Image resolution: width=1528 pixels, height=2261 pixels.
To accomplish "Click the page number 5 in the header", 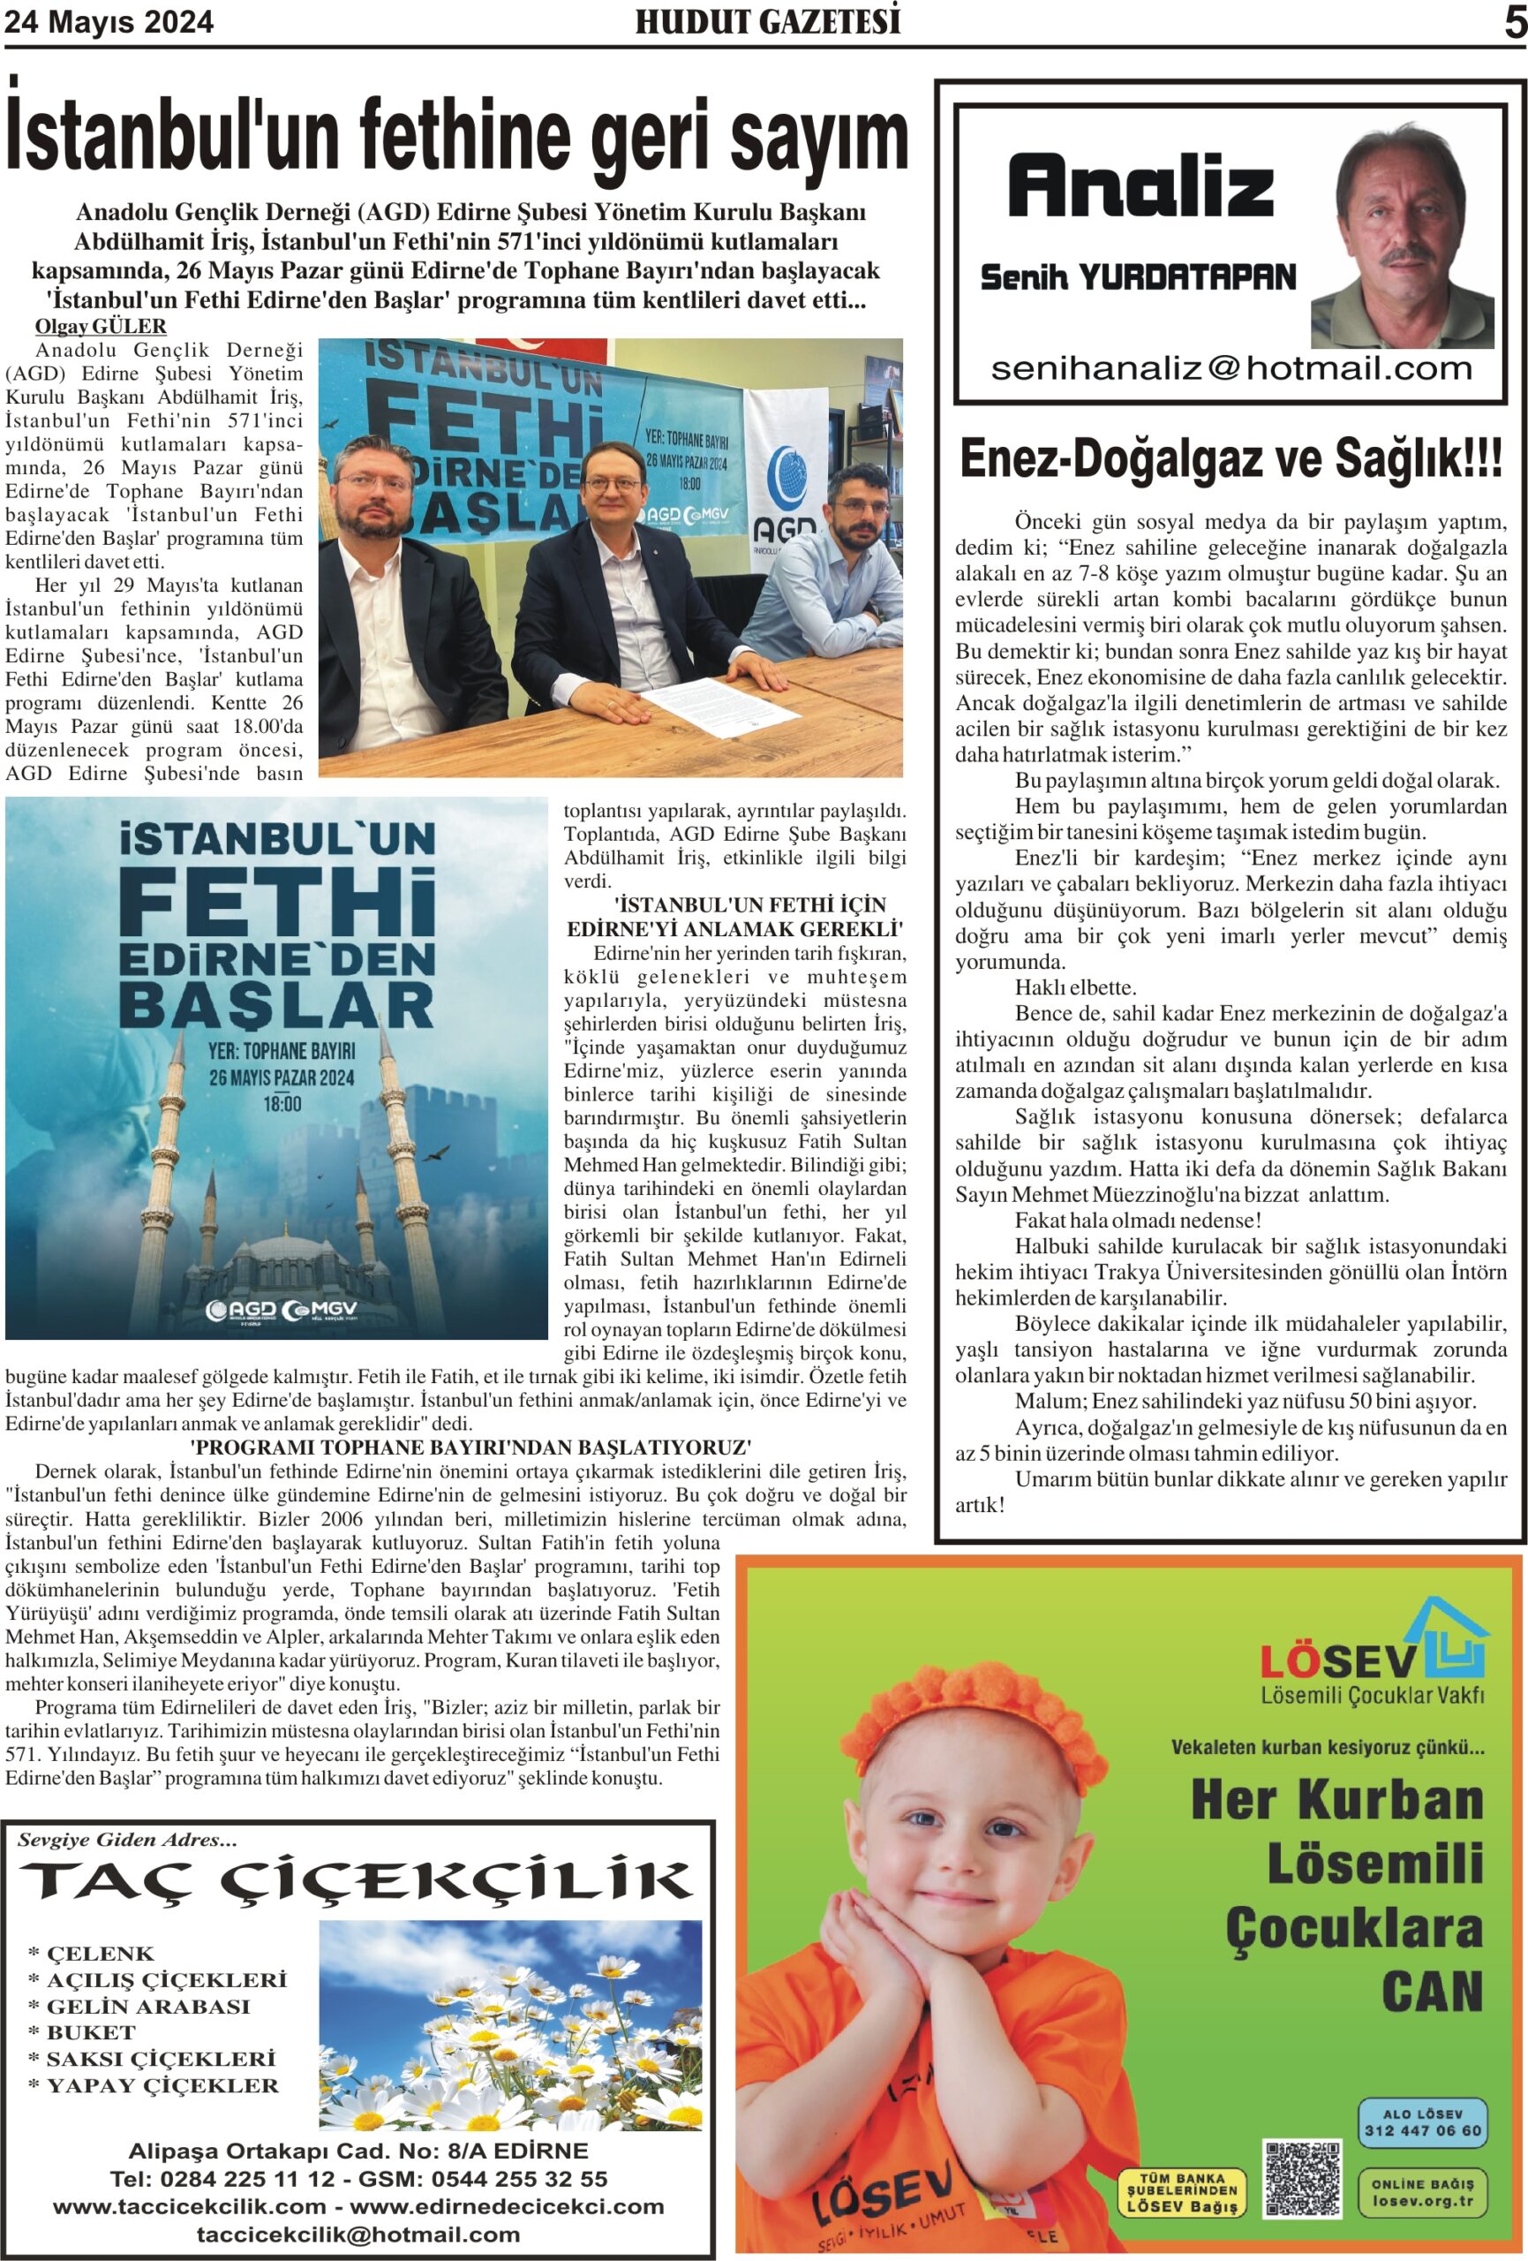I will [x=1515, y=22].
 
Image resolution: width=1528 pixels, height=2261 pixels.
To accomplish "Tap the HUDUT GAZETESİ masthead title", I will [x=767, y=21].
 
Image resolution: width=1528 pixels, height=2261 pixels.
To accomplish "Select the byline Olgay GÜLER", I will [x=100, y=326].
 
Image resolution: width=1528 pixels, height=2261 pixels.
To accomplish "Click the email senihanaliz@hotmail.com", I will [x=1231, y=368].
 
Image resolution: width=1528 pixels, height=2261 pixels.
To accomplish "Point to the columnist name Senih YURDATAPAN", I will [x=1138, y=278].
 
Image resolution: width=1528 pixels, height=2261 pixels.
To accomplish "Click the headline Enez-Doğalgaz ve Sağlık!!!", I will [x=1231, y=459].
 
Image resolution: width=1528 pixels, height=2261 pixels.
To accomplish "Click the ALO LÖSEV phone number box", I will [x=1422, y=2121].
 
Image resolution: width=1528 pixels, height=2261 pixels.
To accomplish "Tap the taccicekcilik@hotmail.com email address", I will [x=358, y=2234].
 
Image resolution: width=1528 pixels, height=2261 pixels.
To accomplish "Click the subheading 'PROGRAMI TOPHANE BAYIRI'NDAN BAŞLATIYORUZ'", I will [x=470, y=1448].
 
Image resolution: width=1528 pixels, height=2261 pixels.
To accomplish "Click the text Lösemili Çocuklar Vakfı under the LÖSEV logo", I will [x=1373, y=1694].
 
